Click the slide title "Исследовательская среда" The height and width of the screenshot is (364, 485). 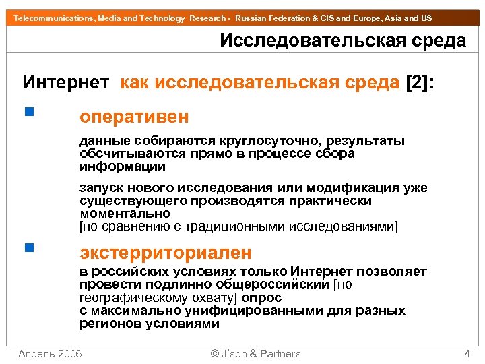coord(343,40)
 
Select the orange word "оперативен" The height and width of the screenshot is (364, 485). coord(134,117)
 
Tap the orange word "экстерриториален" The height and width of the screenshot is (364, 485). coord(166,253)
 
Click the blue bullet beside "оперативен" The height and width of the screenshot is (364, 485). coord(27,112)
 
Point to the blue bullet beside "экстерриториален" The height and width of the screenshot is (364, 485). coord(27,247)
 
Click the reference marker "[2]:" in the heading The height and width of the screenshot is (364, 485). coord(419,82)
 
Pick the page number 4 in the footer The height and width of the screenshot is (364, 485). coord(467,353)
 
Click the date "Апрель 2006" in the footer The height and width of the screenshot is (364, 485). coord(50,353)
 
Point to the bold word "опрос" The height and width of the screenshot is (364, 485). coord(261,297)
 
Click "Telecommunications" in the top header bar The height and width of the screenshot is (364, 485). coord(47,18)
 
